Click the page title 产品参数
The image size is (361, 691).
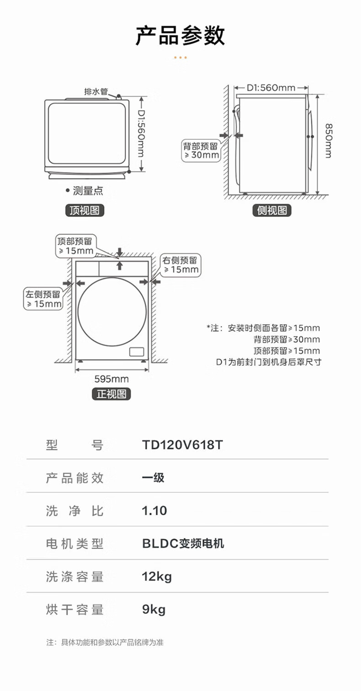[180, 36]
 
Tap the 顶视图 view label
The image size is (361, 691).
[85, 210]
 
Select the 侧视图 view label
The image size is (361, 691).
[272, 210]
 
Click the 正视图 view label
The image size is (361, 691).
[111, 394]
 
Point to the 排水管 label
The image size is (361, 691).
[96, 91]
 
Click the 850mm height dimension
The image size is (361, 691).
[329, 140]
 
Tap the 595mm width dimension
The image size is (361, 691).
[111, 379]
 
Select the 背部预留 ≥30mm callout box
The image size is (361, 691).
[202, 151]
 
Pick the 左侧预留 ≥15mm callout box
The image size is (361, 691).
[43, 299]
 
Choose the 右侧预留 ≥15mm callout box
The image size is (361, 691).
[180, 265]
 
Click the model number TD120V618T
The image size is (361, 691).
[182, 445]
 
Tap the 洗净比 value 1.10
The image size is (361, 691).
[154, 510]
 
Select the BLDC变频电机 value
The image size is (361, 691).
[183, 543]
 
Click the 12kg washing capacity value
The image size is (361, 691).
[157, 577]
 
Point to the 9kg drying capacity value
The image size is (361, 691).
[154, 609]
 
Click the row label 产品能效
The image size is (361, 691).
[75, 478]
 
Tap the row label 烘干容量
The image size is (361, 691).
[75, 609]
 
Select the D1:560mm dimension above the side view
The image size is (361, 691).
[271, 88]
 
